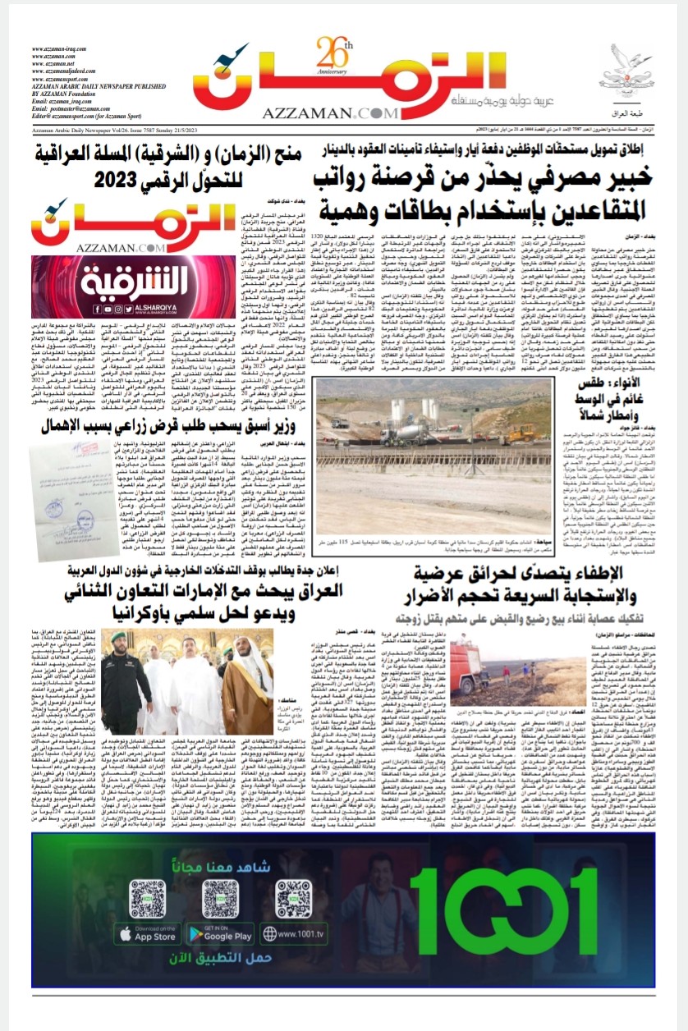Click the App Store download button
pyautogui.click(x=146, y=933)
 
